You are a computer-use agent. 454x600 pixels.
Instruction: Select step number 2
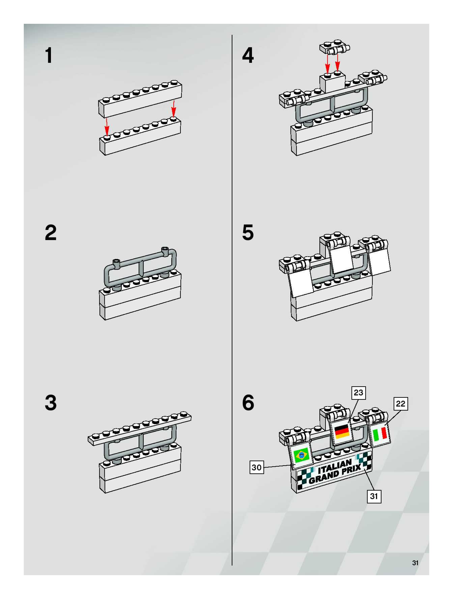[x=51, y=233]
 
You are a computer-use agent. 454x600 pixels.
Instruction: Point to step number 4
[x=248, y=56]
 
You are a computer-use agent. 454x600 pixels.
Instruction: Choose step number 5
[x=248, y=233]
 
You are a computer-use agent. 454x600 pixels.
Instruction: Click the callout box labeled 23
[x=358, y=393]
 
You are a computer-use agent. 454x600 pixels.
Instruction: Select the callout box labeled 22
[x=400, y=404]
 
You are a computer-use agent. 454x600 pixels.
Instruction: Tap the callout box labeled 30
[x=256, y=467]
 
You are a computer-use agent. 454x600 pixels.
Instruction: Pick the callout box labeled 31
[x=374, y=496]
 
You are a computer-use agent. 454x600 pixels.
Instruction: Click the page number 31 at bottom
[x=415, y=563]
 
